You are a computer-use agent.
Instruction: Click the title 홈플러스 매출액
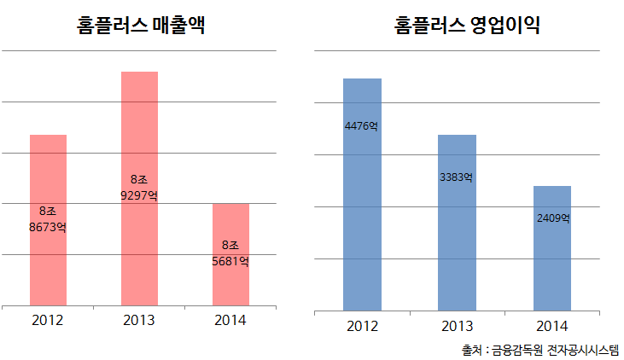pos(140,26)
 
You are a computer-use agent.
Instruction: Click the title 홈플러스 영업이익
pos(468,26)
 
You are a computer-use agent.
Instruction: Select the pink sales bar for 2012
pos(48,171)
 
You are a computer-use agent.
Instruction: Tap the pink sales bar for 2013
pos(139,128)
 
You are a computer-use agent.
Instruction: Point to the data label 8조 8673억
pos(48,219)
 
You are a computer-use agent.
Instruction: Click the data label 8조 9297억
pos(139,188)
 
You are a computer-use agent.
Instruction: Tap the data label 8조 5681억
pos(230,253)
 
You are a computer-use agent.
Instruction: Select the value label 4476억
pos(362,126)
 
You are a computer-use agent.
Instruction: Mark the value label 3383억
pos(457,177)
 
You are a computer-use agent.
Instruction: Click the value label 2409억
pos(553,218)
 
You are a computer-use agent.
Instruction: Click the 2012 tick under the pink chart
pos(48,321)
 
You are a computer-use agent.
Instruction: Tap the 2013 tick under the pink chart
pos(139,321)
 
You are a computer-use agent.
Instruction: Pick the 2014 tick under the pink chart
pos(230,321)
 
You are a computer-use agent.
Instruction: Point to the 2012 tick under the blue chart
pos(362,326)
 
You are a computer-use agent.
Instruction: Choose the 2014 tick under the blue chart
pos(552,326)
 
